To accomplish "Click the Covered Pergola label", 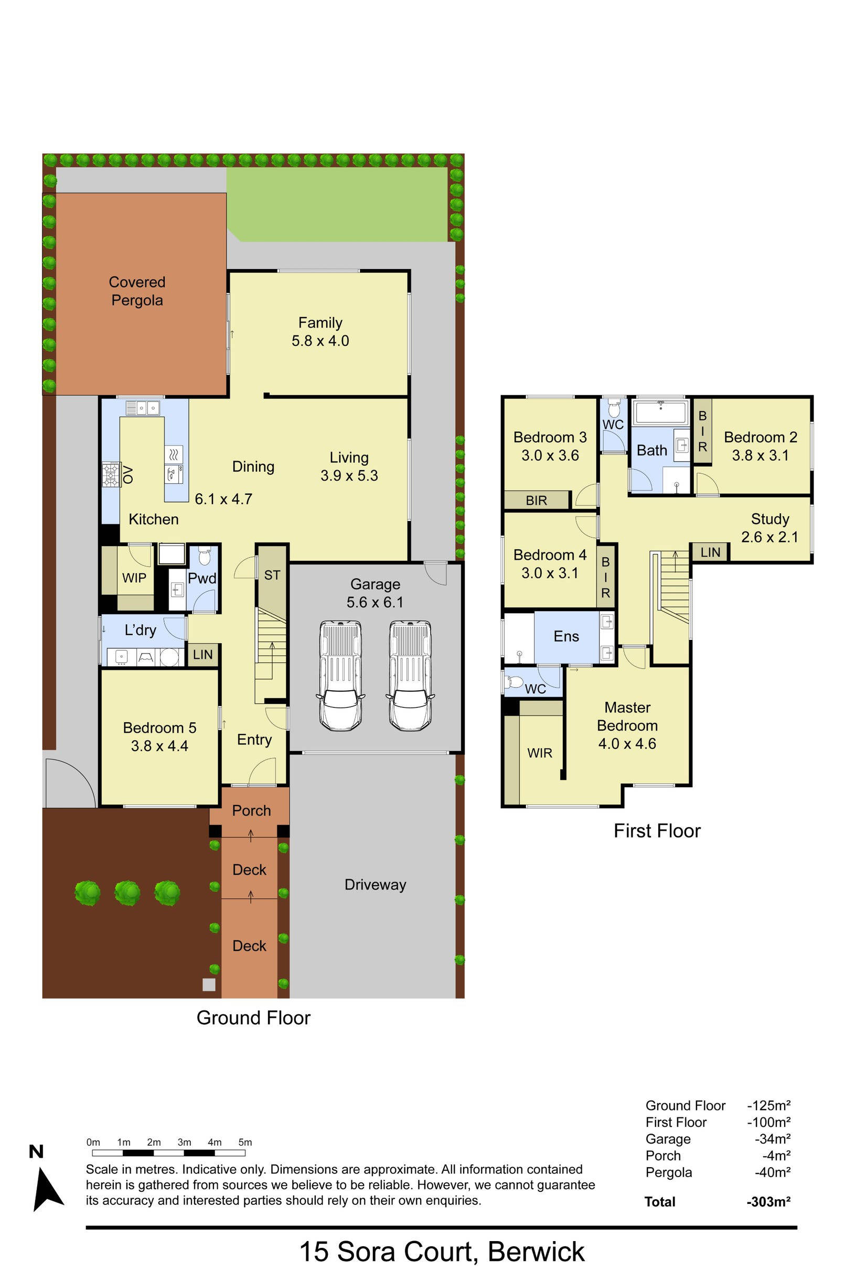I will point(137,291).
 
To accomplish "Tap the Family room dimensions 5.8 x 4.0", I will point(320,341).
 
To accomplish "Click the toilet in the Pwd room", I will point(204,557).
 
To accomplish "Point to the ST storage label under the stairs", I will point(272,575).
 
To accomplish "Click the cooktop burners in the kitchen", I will point(111,475).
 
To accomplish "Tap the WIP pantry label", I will point(134,578).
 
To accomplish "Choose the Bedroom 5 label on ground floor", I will point(159,727).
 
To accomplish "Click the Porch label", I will point(251,811).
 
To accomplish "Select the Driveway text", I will point(375,885).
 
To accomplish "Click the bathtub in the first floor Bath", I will point(660,413).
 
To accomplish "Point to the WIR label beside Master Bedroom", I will point(539,753).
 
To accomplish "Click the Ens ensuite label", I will point(566,636).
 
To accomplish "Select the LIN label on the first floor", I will point(710,552).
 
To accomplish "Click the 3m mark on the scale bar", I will point(184,1142).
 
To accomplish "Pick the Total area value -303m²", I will point(768,1202).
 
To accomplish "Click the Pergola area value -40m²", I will point(773,1172).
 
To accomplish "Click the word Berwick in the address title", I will point(536,1252).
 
